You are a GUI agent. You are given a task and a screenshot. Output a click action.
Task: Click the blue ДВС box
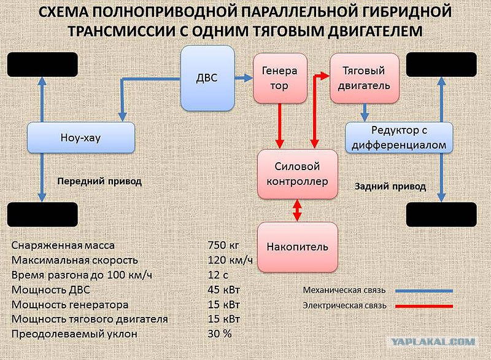[207, 78]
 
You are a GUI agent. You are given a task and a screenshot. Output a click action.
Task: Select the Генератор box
[280, 79]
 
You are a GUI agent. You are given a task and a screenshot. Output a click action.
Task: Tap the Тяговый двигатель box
[365, 79]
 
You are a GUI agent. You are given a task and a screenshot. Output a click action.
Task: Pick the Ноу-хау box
[81, 138]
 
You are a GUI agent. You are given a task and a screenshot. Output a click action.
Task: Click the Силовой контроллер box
[298, 174]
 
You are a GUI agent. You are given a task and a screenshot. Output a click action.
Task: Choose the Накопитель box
[298, 247]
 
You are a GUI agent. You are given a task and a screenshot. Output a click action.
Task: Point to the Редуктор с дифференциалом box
[399, 138]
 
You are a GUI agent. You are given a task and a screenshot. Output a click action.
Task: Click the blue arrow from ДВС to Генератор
[244, 77]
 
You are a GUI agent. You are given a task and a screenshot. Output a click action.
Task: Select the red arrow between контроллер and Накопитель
[297, 211]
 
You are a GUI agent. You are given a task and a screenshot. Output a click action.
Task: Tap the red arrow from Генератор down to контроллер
[280, 126]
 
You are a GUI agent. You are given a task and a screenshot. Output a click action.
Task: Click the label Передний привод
[99, 181]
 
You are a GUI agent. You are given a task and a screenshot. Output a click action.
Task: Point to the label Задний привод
[390, 187]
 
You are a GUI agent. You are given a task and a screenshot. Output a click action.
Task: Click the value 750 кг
[223, 245]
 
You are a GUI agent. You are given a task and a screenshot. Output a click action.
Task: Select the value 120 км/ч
[230, 260]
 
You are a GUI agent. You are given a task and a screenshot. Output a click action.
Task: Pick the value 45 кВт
[223, 290]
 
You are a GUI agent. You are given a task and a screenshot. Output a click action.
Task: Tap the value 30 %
[220, 334]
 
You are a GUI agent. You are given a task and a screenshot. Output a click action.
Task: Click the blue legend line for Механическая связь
[424, 291]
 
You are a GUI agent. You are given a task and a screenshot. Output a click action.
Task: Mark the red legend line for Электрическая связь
[424, 306]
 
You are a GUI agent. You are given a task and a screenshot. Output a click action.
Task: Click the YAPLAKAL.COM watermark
[433, 342]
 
